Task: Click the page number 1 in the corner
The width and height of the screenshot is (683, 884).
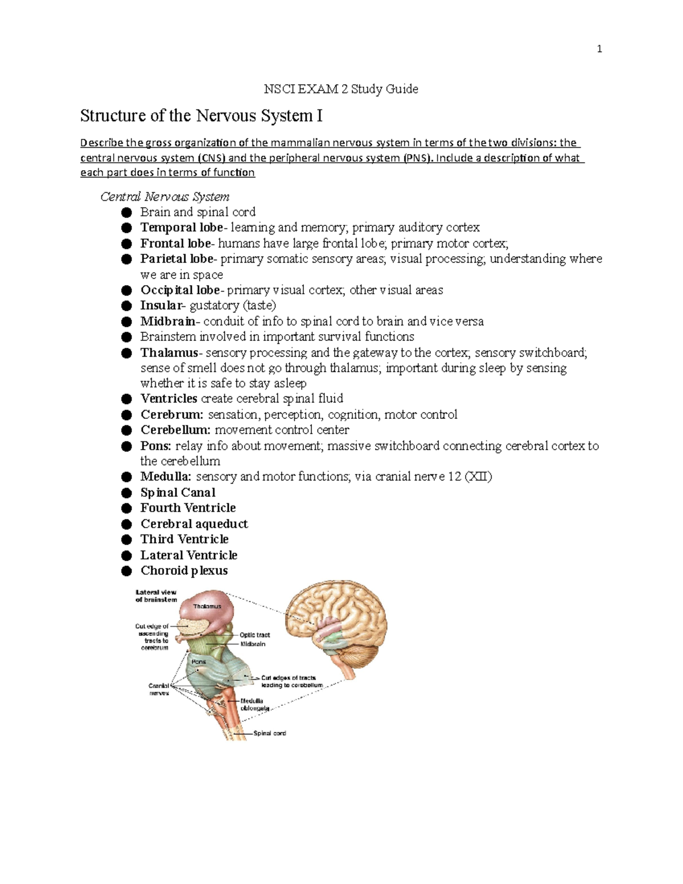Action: click(599, 49)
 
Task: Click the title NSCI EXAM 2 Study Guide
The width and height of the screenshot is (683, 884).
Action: click(341, 89)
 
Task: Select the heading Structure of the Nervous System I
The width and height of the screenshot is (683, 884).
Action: click(201, 116)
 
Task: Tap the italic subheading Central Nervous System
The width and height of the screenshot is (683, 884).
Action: click(164, 197)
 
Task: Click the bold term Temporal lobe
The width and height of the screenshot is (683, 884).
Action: click(182, 228)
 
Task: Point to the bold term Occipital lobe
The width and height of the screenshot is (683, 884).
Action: click(180, 290)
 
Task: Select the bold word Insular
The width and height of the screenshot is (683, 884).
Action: click(161, 306)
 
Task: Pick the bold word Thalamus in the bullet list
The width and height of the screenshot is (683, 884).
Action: click(168, 353)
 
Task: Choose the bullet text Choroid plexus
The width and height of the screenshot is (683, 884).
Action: click(184, 571)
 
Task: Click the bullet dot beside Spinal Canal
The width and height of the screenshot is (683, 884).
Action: click(126, 493)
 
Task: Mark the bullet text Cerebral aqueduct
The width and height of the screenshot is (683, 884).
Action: click(194, 524)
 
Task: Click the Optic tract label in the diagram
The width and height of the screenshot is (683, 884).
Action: click(254, 635)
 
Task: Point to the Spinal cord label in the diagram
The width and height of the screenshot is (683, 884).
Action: click(269, 733)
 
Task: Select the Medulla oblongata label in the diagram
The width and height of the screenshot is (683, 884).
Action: click(252, 705)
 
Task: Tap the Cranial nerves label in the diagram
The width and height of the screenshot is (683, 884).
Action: click(159, 689)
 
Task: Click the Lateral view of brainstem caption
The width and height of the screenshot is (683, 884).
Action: click(156, 596)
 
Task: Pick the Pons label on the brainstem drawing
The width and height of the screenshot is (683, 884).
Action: click(199, 661)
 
